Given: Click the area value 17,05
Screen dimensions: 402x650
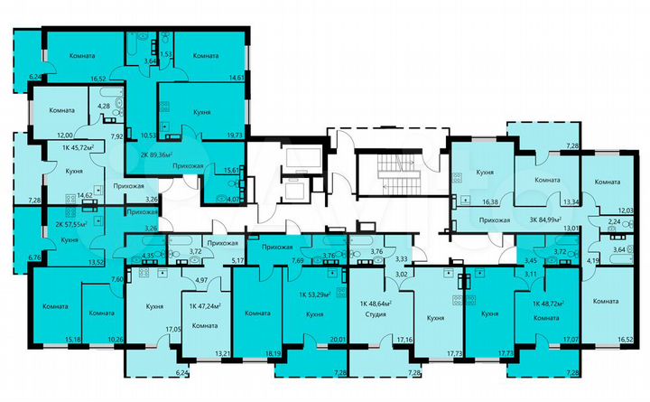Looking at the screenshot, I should click(172, 331).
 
